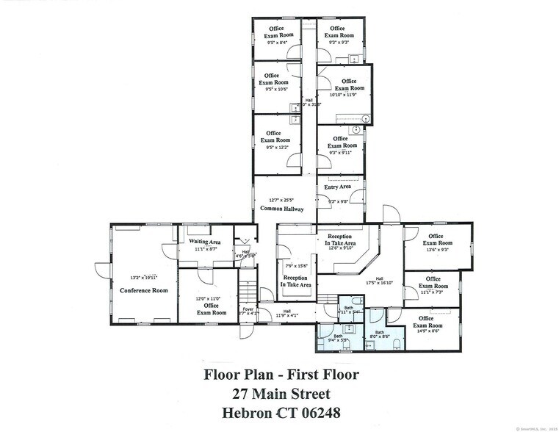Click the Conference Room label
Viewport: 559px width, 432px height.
144,290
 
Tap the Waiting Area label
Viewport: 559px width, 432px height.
205,242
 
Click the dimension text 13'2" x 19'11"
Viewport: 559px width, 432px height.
144,278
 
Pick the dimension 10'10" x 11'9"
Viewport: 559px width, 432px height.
343,95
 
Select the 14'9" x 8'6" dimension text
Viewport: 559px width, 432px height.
430,331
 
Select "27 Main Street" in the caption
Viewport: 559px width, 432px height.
282,395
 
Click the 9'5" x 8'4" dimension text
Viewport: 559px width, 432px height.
279,42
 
